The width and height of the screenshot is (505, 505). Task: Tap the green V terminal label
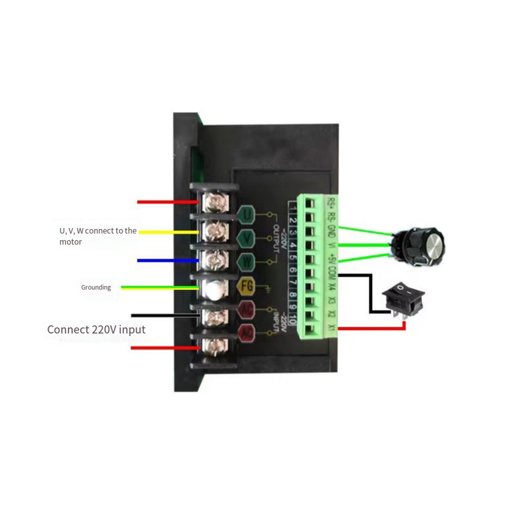(x=247, y=237)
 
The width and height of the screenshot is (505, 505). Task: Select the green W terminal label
(x=247, y=262)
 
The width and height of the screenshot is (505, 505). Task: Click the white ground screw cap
(x=214, y=289)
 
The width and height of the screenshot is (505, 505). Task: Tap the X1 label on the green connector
(x=331, y=328)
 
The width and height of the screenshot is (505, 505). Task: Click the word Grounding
(x=96, y=288)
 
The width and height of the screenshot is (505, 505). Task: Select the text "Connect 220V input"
(x=96, y=330)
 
